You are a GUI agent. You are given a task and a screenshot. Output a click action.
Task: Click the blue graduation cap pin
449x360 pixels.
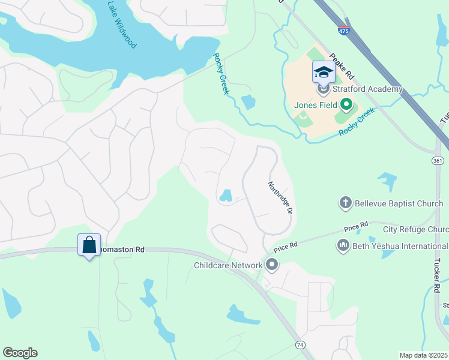(x=323, y=73)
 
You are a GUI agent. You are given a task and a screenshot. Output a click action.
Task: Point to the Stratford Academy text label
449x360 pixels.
(x=367, y=89)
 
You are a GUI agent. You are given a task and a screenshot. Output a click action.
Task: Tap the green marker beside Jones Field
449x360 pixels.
(x=346, y=105)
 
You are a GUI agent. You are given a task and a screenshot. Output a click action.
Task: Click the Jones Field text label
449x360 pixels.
(x=315, y=105)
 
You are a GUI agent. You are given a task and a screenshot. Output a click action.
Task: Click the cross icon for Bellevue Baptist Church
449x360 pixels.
(x=345, y=203)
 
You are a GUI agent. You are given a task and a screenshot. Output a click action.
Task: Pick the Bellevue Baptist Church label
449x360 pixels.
(x=399, y=203)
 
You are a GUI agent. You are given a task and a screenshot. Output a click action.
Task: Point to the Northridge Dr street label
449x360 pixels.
(x=280, y=199)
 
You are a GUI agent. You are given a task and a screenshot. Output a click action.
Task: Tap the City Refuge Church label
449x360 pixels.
(x=415, y=229)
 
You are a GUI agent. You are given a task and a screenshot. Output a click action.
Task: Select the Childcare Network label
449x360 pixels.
(x=228, y=265)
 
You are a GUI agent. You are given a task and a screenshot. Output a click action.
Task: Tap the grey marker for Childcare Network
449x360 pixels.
(x=272, y=264)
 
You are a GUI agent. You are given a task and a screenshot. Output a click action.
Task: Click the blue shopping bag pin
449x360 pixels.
(x=89, y=245)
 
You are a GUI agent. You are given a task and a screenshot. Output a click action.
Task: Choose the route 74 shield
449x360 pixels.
(x=300, y=344)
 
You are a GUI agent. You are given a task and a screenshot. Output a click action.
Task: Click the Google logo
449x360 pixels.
(x=20, y=353)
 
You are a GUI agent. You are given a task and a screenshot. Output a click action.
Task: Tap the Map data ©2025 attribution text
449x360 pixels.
(x=423, y=355)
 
